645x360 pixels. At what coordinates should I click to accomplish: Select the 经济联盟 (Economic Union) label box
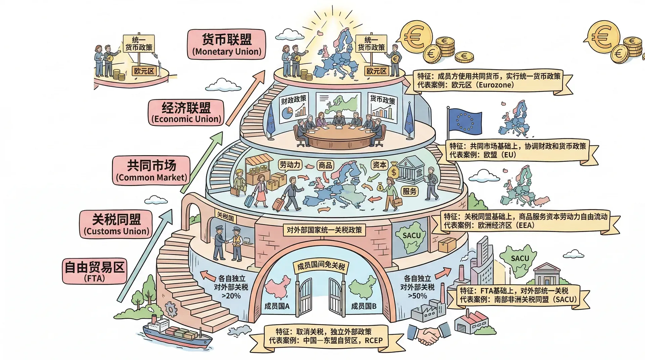point(186,113)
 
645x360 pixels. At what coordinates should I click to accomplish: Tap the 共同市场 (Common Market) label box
point(151,171)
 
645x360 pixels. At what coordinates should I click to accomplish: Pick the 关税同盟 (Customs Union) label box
point(116,225)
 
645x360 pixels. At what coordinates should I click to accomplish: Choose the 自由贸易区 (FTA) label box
point(94,271)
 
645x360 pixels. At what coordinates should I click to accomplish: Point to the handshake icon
point(429,334)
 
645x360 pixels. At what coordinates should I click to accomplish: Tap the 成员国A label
point(277,306)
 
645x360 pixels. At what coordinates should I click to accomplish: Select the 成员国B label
point(363,306)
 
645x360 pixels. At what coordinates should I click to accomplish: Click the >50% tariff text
point(417,296)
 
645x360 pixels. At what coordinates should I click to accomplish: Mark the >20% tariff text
point(231,296)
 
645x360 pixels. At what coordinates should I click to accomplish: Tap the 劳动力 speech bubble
point(290,165)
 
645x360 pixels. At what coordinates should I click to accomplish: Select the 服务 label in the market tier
point(410,191)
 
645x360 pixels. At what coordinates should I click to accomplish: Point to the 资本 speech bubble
point(379,165)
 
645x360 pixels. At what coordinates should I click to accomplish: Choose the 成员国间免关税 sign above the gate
point(321,266)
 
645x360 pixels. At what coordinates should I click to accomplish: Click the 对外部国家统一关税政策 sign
point(324,230)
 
